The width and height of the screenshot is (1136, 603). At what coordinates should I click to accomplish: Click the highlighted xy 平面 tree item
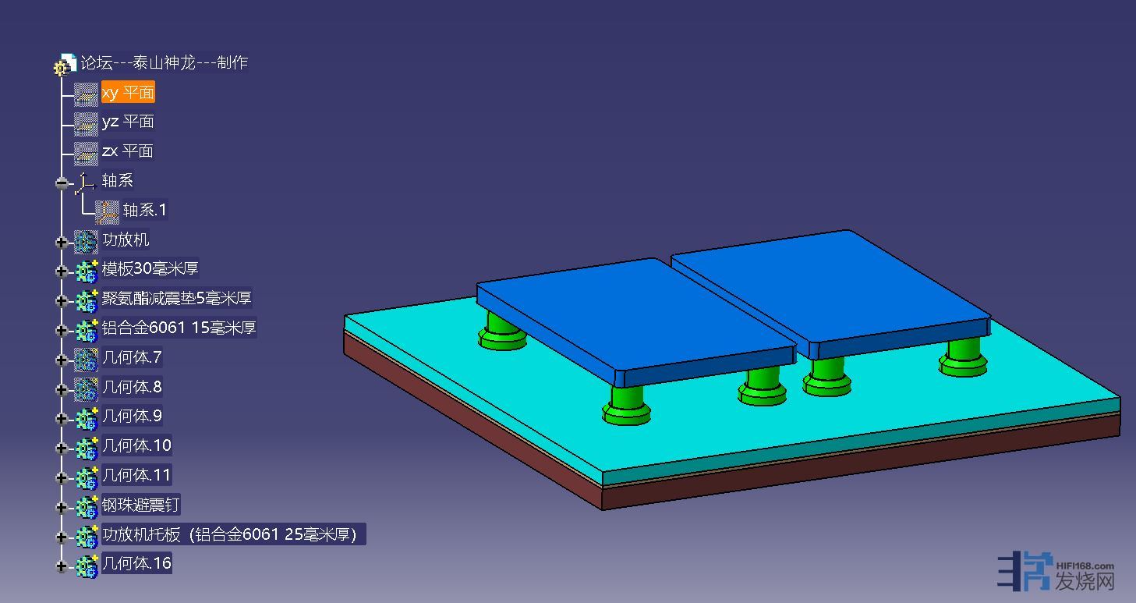pyautogui.click(x=128, y=92)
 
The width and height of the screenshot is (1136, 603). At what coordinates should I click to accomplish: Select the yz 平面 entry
pyautogui.click(x=128, y=122)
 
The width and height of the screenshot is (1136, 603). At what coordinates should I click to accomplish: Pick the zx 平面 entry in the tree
pyautogui.click(x=127, y=151)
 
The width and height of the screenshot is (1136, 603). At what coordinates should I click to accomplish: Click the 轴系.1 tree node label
pyautogui.click(x=144, y=210)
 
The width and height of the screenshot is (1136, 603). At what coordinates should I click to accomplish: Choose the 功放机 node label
pyautogui.click(x=126, y=239)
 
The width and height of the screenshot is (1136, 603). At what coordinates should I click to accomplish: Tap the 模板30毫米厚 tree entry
pyautogui.click(x=150, y=268)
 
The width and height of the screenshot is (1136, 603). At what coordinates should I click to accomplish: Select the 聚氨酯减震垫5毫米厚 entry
pyautogui.click(x=176, y=298)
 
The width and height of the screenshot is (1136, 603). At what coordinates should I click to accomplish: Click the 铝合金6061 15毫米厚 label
pyautogui.click(x=179, y=328)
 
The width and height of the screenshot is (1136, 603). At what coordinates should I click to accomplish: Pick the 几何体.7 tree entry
pyautogui.click(x=132, y=357)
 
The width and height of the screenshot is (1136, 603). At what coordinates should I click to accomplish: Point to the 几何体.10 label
pyautogui.click(x=136, y=445)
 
